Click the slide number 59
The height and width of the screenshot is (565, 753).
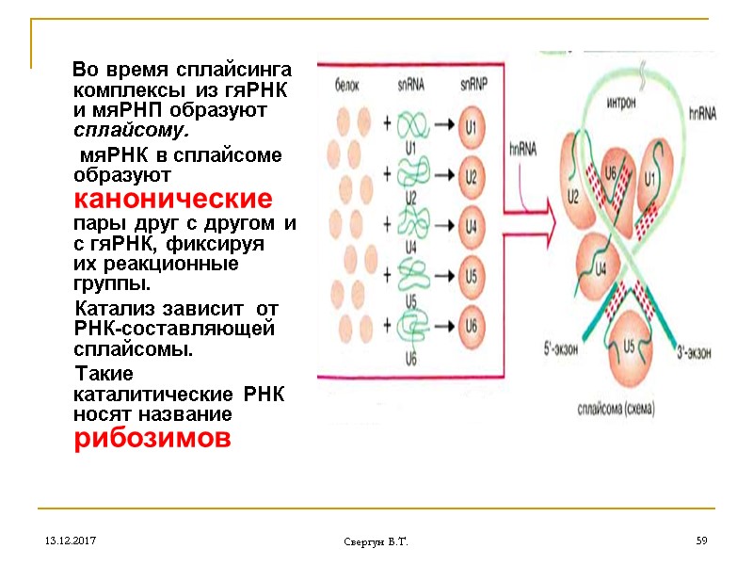pos(700,541)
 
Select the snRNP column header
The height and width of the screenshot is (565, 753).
pos(473,85)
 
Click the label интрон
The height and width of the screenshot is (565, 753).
pos(625,102)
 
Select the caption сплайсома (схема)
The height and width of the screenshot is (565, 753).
pos(617,410)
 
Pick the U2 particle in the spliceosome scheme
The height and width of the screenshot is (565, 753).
pos(575,196)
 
